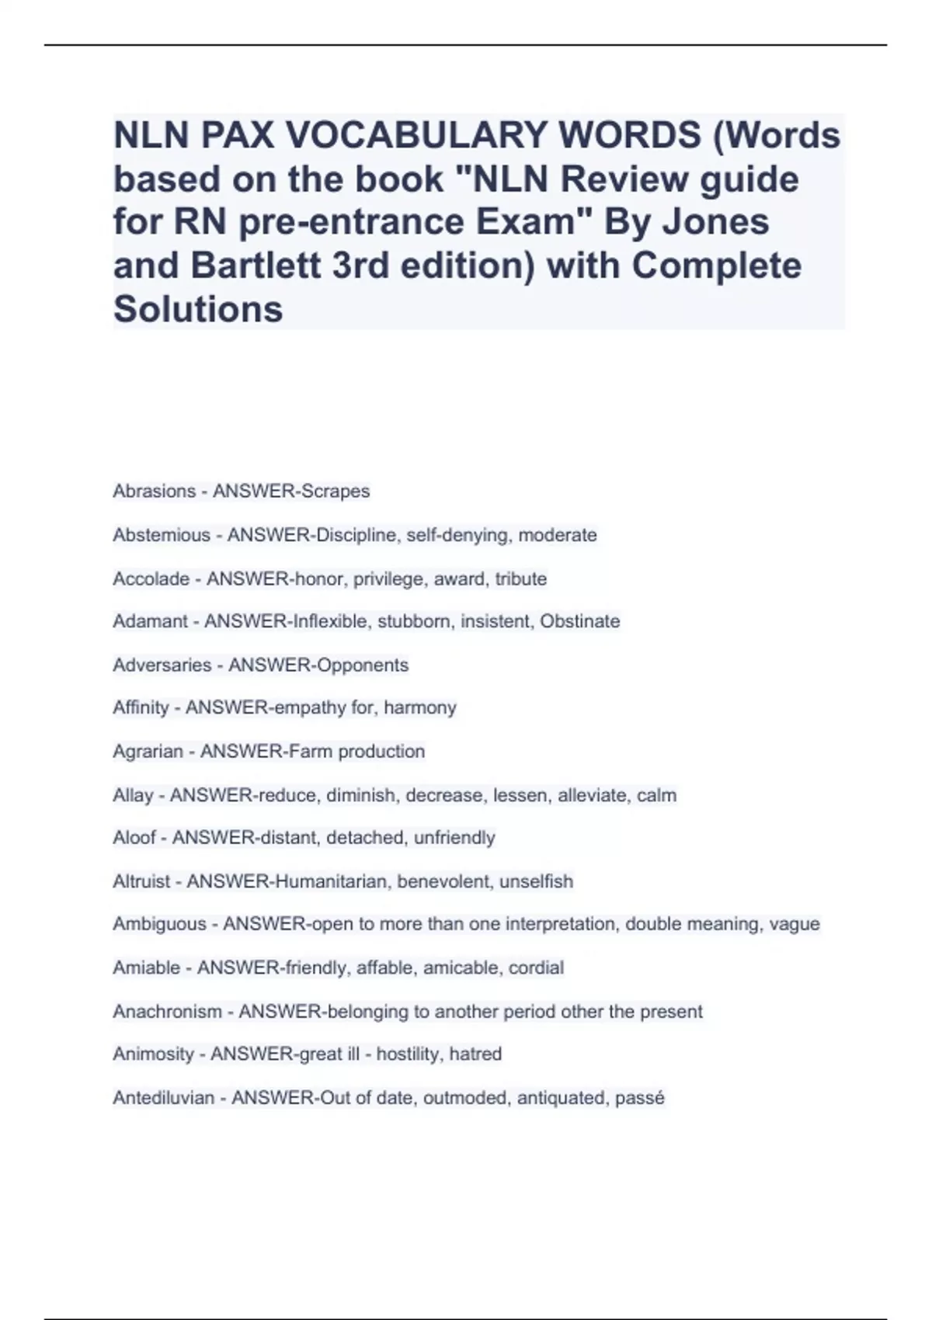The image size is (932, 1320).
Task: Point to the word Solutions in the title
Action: point(198,310)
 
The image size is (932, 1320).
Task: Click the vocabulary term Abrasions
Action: point(154,492)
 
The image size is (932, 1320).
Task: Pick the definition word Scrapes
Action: point(335,492)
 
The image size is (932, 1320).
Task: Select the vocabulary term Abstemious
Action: point(162,535)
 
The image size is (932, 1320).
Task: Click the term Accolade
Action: point(151,579)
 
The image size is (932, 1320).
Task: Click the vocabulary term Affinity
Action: point(141,708)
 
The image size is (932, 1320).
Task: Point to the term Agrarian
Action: point(148,752)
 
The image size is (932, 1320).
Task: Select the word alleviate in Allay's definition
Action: point(591,796)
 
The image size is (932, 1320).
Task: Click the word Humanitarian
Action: point(331,882)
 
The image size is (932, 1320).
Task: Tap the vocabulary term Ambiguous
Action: point(159,924)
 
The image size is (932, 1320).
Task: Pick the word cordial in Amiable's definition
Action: point(536,968)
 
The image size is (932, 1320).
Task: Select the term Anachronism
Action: point(167,1012)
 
